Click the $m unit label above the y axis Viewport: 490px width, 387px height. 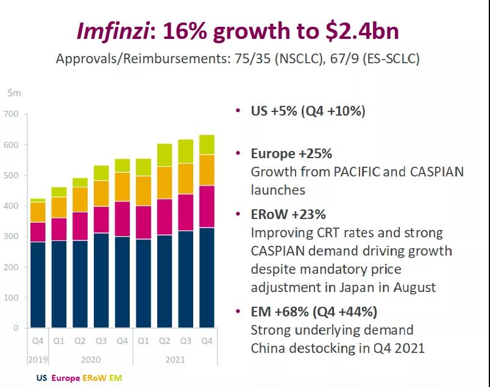pyautogui.click(x=13, y=92)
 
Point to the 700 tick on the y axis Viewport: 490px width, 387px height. pyautogui.click(x=12, y=114)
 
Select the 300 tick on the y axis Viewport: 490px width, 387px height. pyautogui.click(x=12, y=236)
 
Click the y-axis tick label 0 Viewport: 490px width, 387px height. pyautogui.click(x=16, y=328)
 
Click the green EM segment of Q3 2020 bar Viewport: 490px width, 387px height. pyautogui.click(x=101, y=173)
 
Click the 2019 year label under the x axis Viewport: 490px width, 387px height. pyautogui.click(x=37, y=360)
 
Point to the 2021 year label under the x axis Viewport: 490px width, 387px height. pyautogui.click(x=175, y=360)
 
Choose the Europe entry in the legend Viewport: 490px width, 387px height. pyautogui.click(x=65, y=378)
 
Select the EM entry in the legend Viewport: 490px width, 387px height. pyautogui.click(x=116, y=378)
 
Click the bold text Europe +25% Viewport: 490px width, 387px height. pyautogui.click(x=291, y=153)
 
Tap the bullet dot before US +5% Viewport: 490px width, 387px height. pyautogui.click(x=238, y=111)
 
